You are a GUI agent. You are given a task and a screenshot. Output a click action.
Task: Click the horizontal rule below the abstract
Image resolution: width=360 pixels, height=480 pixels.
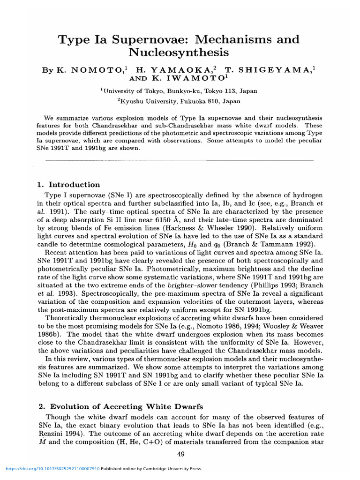point(178,161)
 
